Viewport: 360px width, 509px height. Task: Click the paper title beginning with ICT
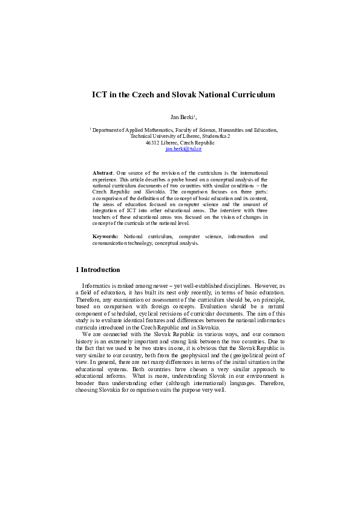tap(183, 94)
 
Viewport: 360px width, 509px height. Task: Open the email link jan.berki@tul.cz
tap(183, 148)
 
